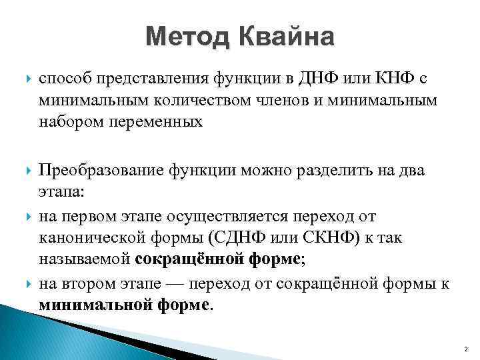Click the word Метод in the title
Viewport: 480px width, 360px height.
pyautogui.click(x=185, y=37)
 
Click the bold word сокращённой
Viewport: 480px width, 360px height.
pyautogui.click(x=183, y=260)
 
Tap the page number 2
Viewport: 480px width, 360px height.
pyautogui.click(x=465, y=350)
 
